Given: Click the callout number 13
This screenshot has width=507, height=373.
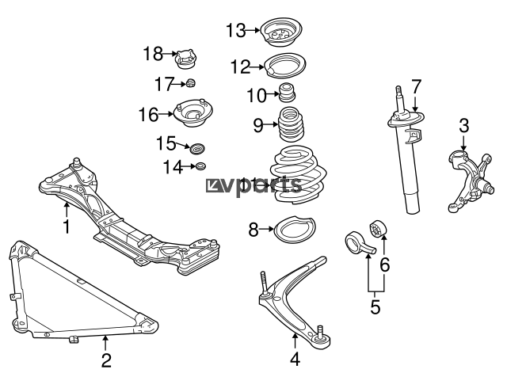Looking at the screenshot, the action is pyautogui.click(x=236, y=31).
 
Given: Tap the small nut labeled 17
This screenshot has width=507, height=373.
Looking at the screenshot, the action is pyautogui.click(x=191, y=83).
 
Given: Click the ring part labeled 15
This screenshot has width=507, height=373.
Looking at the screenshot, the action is pyautogui.click(x=197, y=148).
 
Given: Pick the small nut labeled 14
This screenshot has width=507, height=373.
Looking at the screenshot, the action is pyautogui.click(x=200, y=166).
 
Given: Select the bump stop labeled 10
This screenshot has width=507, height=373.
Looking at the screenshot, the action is pyautogui.click(x=287, y=92).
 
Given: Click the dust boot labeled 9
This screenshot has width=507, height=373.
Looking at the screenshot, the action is pyautogui.click(x=292, y=125).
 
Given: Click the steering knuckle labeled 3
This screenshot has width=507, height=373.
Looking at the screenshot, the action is pyautogui.click(x=471, y=181).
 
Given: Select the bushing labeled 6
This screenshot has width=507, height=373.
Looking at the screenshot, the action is pyautogui.click(x=378, y=229).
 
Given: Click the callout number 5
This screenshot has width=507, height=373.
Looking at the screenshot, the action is pyautogui.click(x=375, y=306).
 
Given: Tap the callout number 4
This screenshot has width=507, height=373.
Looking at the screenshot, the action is pyautogui.click(x=295, y=359).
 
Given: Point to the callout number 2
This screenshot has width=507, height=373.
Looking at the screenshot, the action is pyautogui.click(x=106, y=360).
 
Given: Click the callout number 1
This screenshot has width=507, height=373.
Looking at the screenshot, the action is pyautogui.click(x=67, y=226).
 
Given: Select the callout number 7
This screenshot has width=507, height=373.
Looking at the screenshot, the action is pyautogui.click(x=417, y=86).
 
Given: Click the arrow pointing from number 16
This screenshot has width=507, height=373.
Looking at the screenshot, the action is pyautogui.click(x=166, y=114).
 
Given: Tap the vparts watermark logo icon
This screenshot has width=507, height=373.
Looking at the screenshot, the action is pyautogui.click(x=212, y=186).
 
